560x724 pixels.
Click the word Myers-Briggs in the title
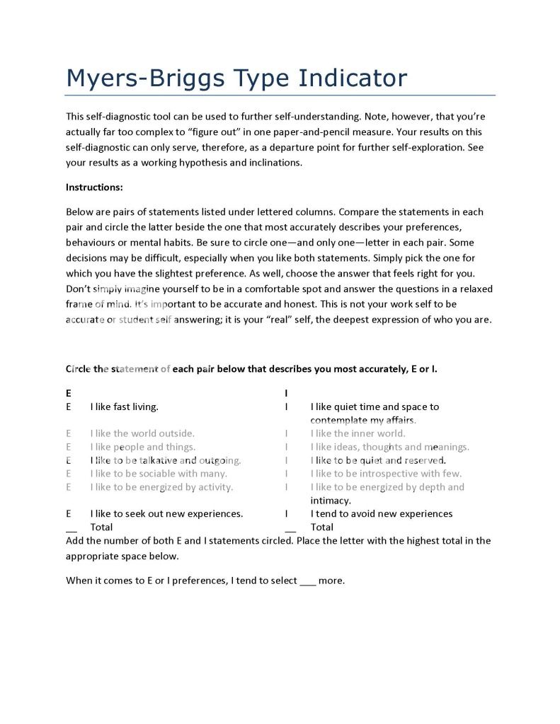point(142,77)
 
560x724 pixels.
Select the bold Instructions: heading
point(94,187)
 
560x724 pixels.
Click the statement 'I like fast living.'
point(124,407)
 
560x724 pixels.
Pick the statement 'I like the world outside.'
point(142,433)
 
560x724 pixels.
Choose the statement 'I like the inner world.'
point(358,433)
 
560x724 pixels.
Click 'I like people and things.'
point(142,447)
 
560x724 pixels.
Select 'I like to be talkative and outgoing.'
point(166,460)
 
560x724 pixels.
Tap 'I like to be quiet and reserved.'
point(378,460)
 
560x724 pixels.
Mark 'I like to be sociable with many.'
point(159,474)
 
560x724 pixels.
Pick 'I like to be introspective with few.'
point(386,474)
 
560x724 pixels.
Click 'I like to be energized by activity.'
point(161,487)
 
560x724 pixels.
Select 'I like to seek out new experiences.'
point(166,514)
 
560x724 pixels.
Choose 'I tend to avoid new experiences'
point(381,514)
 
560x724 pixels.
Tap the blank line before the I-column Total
point(290,529)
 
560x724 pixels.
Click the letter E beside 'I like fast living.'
point(69,407)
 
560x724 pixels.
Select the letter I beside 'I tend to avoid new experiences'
point(286,514)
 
